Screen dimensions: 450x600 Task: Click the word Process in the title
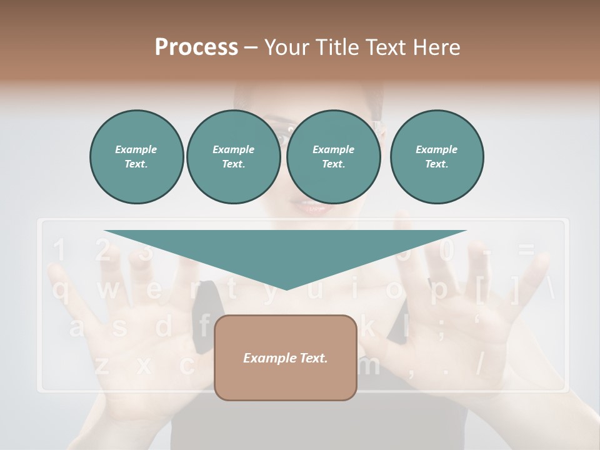196,47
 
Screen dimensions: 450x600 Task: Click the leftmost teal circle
136,157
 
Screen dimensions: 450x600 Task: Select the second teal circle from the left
234,157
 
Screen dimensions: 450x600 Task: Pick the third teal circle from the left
333,157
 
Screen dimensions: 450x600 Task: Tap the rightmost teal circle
437,157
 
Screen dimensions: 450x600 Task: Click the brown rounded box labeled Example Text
286,357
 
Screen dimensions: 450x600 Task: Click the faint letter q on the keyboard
61,289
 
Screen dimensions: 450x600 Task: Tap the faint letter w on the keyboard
107,289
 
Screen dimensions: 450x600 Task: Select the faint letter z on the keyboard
101,364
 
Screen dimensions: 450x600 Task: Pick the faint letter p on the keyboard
439,289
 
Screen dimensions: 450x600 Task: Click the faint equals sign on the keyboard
526,251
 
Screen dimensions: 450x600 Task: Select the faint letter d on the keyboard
163,327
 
